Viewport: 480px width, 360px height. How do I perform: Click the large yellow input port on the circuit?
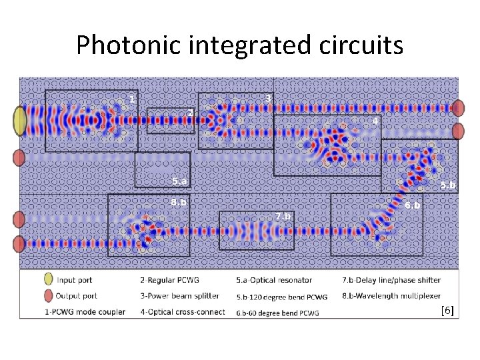point(20,121)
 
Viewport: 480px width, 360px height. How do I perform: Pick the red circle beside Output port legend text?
point(47,296)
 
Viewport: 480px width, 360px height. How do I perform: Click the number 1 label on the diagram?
point(132,99)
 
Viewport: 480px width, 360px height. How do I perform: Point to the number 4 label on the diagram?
point(375,121)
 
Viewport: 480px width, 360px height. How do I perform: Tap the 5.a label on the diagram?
point(179,181)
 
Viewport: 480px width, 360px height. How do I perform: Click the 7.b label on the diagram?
point(283,217)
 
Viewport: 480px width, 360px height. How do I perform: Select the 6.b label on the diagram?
point(413,205)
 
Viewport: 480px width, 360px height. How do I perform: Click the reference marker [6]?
point(447,311)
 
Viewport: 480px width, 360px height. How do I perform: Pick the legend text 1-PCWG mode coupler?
point(85,311)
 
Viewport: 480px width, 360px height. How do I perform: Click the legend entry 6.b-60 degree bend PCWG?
point(277,313)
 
